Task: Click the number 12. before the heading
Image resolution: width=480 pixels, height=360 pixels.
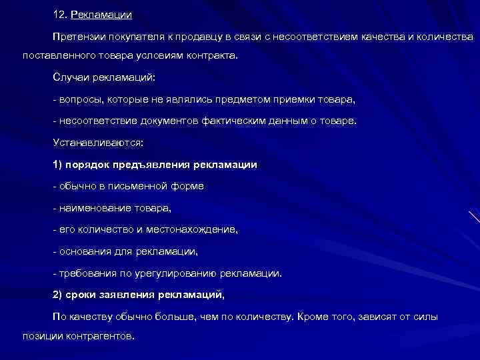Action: pyautogui.click(x=60, y=14)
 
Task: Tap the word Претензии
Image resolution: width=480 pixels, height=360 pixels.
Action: pyautogui.click(x=78, y=36)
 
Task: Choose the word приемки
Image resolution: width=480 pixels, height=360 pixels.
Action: pyautogui.click(x=286, y=100)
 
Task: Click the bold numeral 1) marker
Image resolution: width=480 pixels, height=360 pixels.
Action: pyautogui.click(x=58, y=164)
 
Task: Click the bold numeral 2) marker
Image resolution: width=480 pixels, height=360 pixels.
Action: pyautogui.click(x=58, y=294)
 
